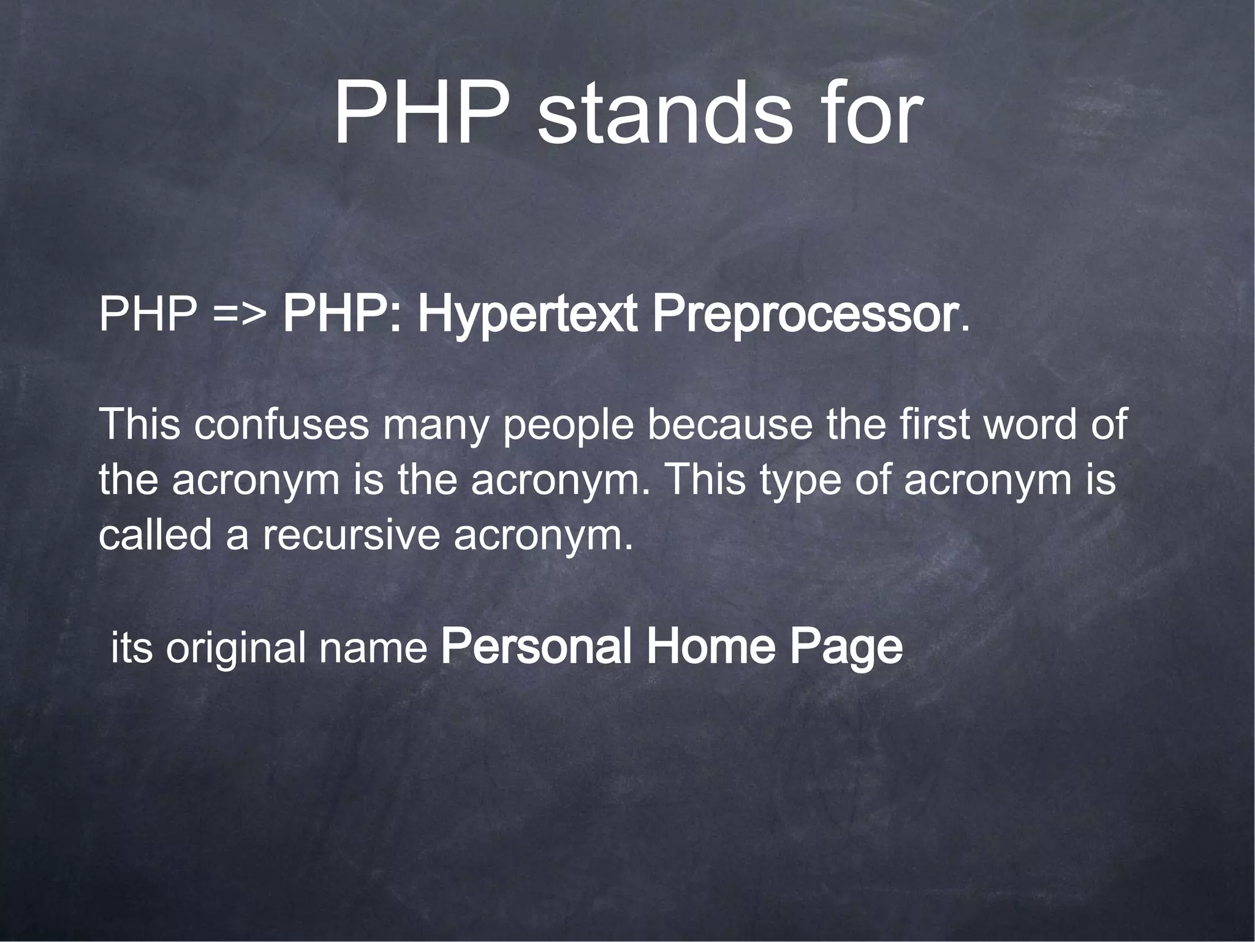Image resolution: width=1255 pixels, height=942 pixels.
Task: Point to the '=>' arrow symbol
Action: pos(240,315)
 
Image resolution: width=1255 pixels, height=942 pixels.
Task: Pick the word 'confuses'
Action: pos(282,424)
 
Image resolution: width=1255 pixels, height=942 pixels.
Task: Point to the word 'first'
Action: pos(931,424)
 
